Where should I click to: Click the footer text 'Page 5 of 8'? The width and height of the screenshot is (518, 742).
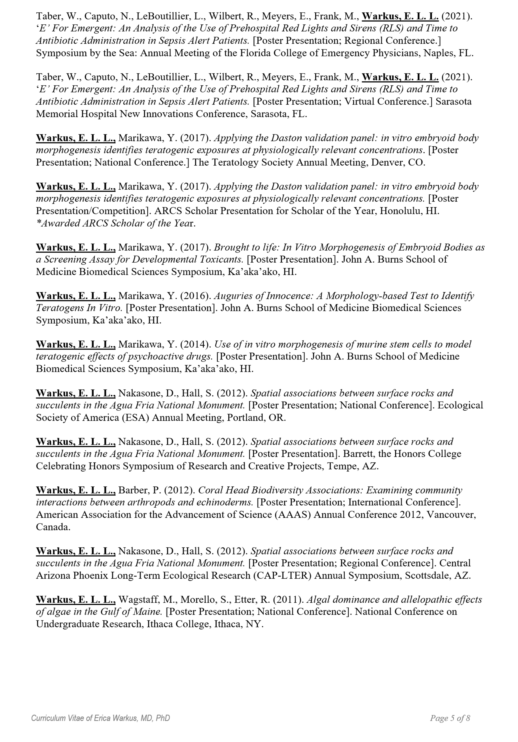pyautogui.click(x=450, y=718)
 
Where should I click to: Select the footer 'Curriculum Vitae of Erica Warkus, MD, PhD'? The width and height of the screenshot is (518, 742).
pyautogui.click(x=101, y=718)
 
